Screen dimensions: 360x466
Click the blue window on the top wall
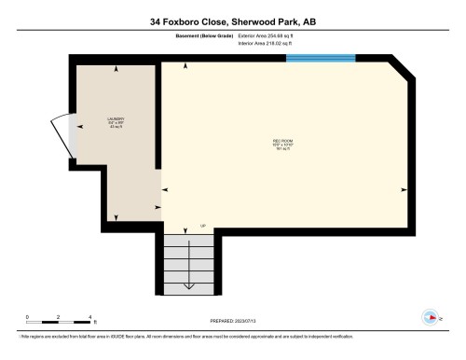tap(321, 58)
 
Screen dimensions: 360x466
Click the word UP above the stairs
tap(203, 226)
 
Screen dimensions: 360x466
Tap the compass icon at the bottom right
tap(431, 315)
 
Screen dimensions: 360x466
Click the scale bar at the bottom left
tap(58, 323)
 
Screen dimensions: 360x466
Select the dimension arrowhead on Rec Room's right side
tap(404, 189)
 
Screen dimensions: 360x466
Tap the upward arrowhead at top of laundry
tap(116, 69)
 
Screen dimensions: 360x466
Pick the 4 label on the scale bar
tap(89, 316)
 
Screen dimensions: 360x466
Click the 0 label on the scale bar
tap(27, 316)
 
